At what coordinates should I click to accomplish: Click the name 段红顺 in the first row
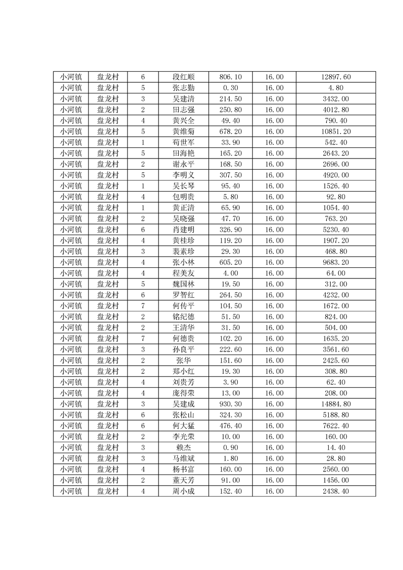183,77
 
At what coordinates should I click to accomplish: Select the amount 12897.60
336,77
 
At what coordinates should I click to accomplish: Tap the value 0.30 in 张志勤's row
230,88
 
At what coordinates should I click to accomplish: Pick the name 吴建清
183,99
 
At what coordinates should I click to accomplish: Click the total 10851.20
336,131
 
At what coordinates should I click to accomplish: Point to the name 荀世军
183,142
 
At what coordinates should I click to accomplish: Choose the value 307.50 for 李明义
230,175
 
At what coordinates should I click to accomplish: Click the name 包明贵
183,197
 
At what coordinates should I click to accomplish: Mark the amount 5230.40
336,229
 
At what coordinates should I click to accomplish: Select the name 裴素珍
183,251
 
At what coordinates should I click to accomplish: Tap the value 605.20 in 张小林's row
230,262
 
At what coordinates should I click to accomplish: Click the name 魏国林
183,284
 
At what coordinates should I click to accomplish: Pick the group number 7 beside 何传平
143,306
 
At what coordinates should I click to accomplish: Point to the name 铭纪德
183,316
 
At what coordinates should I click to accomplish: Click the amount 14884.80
336,404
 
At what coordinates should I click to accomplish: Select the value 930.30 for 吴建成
230,404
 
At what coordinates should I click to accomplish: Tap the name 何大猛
183,426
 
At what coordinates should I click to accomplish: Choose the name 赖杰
183,447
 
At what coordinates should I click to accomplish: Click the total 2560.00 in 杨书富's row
336,469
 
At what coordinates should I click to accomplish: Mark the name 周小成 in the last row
183,491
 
